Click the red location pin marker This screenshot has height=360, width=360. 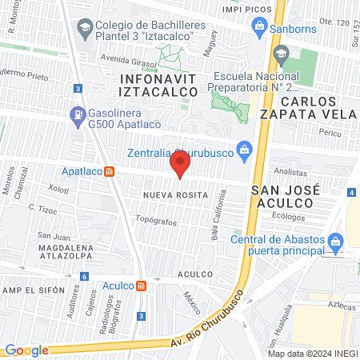click(x=180, y=166)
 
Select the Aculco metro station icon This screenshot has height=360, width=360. click(x=141, y=286)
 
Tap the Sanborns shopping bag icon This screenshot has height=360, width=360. click(x=258, y=28)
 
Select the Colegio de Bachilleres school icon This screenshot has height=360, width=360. click(x=84, y=28)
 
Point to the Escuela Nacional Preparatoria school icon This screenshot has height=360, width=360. click(x=281, y=54)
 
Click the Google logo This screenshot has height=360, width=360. click(x=27, y=350)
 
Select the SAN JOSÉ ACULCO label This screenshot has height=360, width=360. click(x=286, y=197)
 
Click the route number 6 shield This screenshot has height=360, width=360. click(x=84, y=276)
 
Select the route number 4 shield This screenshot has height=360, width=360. click(x=352, y=192)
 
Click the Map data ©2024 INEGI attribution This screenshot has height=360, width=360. click(x=312, y=353)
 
